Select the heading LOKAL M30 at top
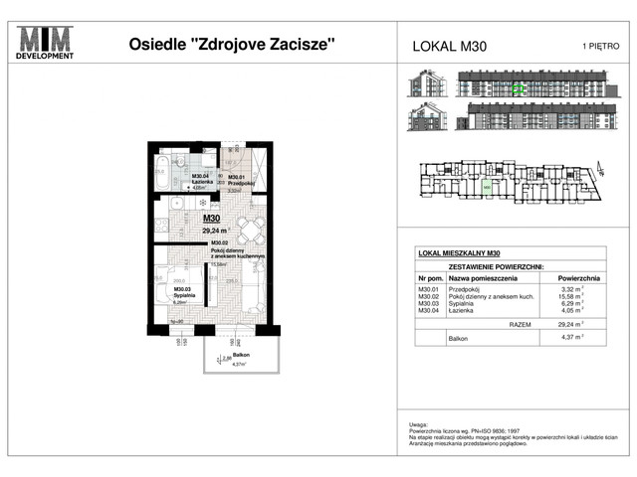449,46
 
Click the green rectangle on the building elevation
517,88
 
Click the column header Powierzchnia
577,278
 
